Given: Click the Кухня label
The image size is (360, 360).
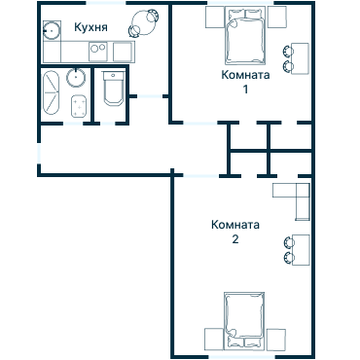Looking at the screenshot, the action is (90, 27).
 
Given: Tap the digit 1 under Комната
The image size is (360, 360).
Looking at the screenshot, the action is (246, 89).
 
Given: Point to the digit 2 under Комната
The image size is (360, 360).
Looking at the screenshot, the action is (235, 239).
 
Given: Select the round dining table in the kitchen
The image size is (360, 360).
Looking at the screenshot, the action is (143, 22).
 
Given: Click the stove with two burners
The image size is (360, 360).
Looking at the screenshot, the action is (98, 52).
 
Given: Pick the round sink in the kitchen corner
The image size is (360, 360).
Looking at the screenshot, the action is (52, 31).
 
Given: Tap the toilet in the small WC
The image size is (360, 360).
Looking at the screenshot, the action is (113, 89).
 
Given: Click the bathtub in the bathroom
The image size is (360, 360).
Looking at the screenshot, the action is (51, 92).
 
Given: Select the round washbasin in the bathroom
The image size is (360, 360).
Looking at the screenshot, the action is (76, 78).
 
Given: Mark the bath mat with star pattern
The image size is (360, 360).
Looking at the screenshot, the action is (79, 106).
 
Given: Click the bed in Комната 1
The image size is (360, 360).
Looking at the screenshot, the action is (246, 36).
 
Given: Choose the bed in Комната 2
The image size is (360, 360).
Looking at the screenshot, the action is (244, 320).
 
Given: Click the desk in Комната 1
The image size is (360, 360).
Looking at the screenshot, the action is (300, 58).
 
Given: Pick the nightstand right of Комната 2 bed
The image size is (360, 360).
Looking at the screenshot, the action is (276, 340).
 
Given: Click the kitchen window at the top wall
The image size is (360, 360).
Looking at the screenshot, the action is (106, 3).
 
